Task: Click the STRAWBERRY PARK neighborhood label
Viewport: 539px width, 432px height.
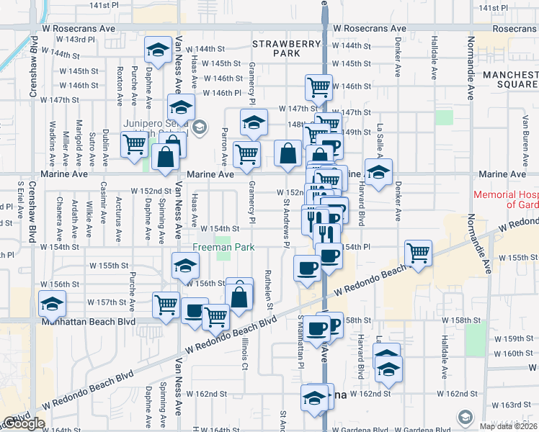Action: coord(286,49)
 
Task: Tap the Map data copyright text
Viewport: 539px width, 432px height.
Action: coord(509,426)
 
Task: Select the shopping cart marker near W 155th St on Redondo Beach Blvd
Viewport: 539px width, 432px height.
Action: coord(418,253)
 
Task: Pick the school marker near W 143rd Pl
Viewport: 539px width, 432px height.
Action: coord(156,49)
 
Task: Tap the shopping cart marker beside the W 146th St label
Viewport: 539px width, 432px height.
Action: coord(318,87)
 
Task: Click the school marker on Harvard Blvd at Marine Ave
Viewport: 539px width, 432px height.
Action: coord(378,171)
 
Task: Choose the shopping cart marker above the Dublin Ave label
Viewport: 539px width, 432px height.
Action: coord(134,144)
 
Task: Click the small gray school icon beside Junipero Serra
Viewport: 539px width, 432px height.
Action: coord(200,128)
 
